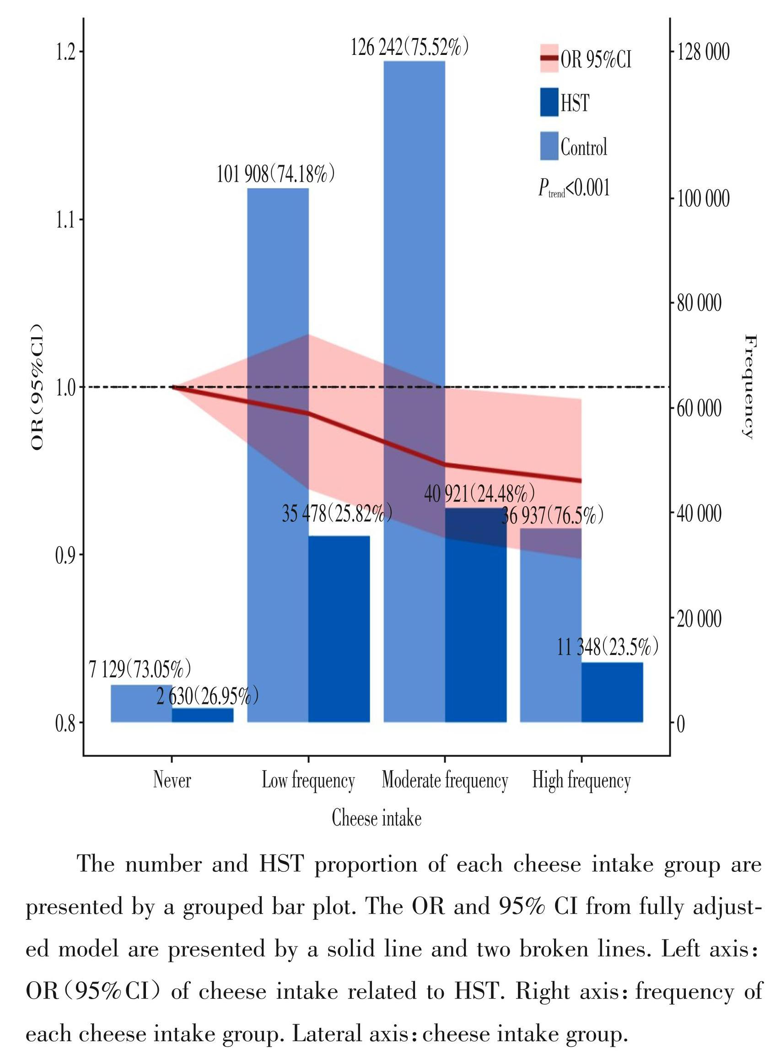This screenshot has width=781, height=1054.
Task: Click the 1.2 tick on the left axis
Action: pos(65,52)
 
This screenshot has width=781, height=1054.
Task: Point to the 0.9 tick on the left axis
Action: pos(65,555)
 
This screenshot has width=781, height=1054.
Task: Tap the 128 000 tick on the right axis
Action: pos(703,52)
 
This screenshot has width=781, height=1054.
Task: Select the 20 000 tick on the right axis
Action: pos(699,618)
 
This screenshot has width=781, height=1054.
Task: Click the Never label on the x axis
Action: pos(172,780)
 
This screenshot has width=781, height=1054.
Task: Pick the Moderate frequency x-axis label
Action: pos(444,780)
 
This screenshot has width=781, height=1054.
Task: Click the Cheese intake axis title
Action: pos(377,818)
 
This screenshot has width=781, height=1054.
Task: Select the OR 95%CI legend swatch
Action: pos(549,59)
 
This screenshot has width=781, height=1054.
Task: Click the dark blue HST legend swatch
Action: pos(549,102)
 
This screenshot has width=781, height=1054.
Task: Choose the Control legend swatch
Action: pos(549,146)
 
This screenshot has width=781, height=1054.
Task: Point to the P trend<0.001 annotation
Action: pos(574,188)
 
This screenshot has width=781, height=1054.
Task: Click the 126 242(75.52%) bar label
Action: pos(409,47)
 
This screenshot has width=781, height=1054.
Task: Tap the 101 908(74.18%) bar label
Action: pos(275,174)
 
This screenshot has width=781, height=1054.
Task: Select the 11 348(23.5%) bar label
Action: pos(608,647)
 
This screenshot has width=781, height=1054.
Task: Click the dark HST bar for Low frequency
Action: pos(339,629)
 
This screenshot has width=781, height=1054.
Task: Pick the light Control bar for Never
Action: pos(141,703)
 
